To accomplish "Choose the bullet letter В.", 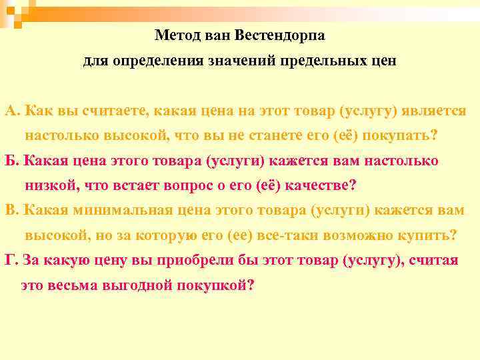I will pos(9,210).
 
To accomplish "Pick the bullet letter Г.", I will pos(9,260).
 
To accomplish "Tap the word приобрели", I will pos(200,260).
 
